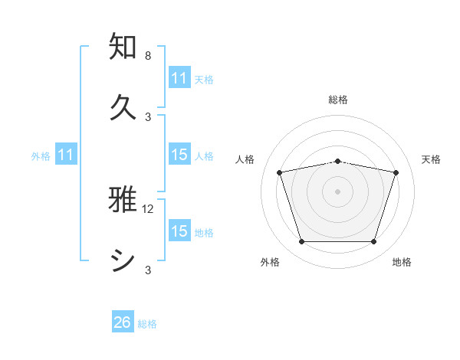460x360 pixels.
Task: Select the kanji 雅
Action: (x=123, y=200)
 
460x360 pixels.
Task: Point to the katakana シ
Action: (x=123, y=260)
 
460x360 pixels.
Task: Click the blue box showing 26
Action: (x=123, y=322)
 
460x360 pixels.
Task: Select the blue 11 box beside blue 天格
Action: (x=179, y=78)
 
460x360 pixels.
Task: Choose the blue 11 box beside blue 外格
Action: (x=66, y=155)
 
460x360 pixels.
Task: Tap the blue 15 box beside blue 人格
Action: (x=179, y=155)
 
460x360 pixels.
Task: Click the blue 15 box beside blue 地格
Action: (x=179, y=231)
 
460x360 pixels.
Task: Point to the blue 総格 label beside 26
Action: (x=147, y=324)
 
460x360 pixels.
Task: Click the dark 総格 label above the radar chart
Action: (x=338, y=100)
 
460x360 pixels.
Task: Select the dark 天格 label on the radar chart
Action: (x=431, y=159)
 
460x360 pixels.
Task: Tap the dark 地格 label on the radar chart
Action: (x=402, y=262)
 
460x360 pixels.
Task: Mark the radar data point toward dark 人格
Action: (x=280, y=172)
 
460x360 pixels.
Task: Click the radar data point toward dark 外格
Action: (x=301, y=242)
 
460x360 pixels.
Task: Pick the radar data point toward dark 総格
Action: (x=338, y=161)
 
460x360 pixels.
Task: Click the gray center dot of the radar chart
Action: (x=338, y=191)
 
